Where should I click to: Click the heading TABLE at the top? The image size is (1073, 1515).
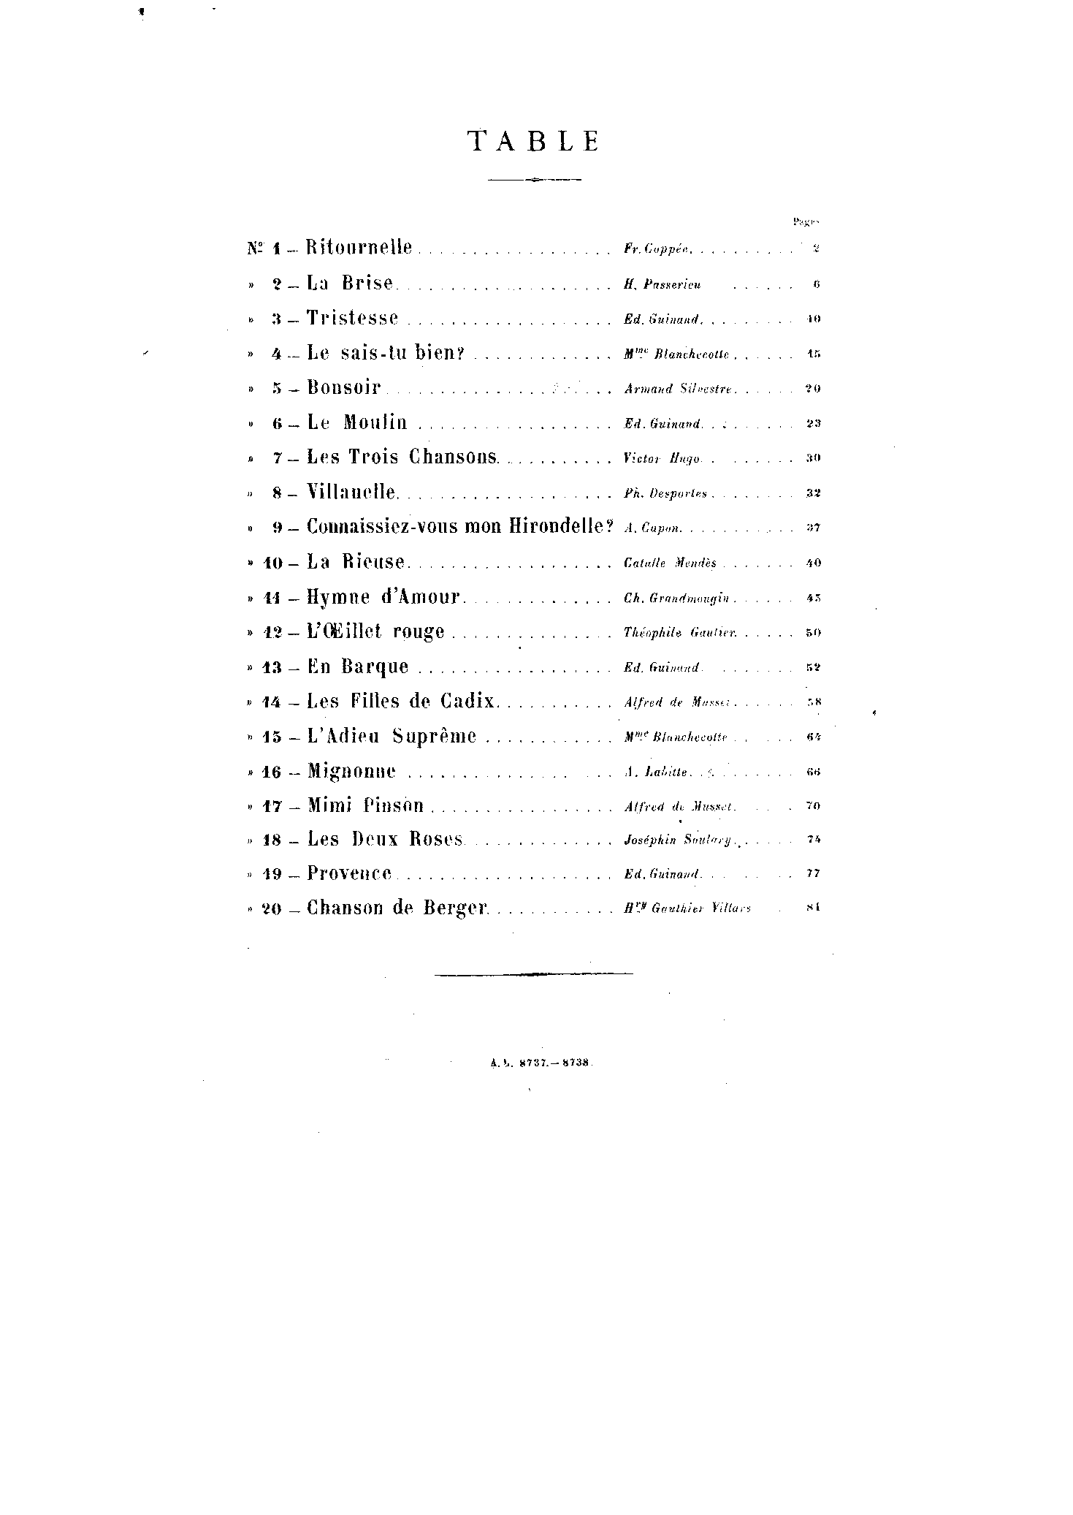[x=534, y=141]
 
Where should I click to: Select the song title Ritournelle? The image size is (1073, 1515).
[x=359, y=247]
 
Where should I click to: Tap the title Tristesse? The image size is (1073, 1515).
[x=353, y=318]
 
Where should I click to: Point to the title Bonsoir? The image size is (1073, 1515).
[x=344, y=387]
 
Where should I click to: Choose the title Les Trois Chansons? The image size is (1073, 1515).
[x=402, y=457]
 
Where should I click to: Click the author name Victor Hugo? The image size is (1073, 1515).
[x=662, y=459]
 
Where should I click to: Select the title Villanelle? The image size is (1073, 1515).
[x=352, y=492]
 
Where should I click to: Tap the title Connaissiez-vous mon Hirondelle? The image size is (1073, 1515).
[x=459, y=527]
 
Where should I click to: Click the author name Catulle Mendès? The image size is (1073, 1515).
[x=670, y=563]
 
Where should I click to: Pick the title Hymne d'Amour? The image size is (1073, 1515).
[x=383, y=597]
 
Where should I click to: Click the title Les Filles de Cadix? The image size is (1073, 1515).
[x=401, y=702]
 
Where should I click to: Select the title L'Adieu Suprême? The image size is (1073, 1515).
[x=392, y=736]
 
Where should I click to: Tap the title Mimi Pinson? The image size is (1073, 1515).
[x=365, y=806]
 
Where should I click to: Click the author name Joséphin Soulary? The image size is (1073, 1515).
[x=678, y=840]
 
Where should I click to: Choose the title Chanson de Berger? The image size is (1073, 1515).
[x=397, y=908]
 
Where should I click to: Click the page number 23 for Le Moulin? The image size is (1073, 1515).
[x=813, y=424]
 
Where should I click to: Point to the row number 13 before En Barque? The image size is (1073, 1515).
[x=272, y=668]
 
